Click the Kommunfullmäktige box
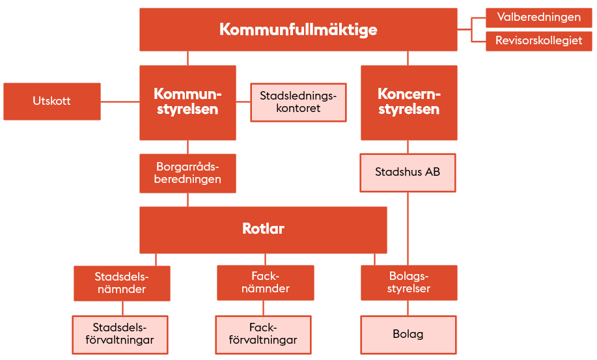[298, 30]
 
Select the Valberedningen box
[539, 18]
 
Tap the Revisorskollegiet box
[539, 41]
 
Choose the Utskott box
[52, 101]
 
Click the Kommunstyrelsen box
[187, 103]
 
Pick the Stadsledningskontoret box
[298, 102]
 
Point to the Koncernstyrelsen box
[409, 103]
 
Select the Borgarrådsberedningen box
[187, 173]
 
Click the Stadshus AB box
[408, 173]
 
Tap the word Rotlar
[263, 228]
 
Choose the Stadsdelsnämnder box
[122, 283]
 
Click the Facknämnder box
[266, 283]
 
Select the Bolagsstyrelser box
[409, 283]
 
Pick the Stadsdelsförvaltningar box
[120, 335]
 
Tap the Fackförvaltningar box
[263, 335]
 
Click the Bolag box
[408, 335]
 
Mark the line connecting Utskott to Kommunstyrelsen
[120, 102]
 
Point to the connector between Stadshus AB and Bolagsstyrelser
[408, 228]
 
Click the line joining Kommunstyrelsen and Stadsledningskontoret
[243, 102]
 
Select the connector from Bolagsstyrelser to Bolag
[408, 308]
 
